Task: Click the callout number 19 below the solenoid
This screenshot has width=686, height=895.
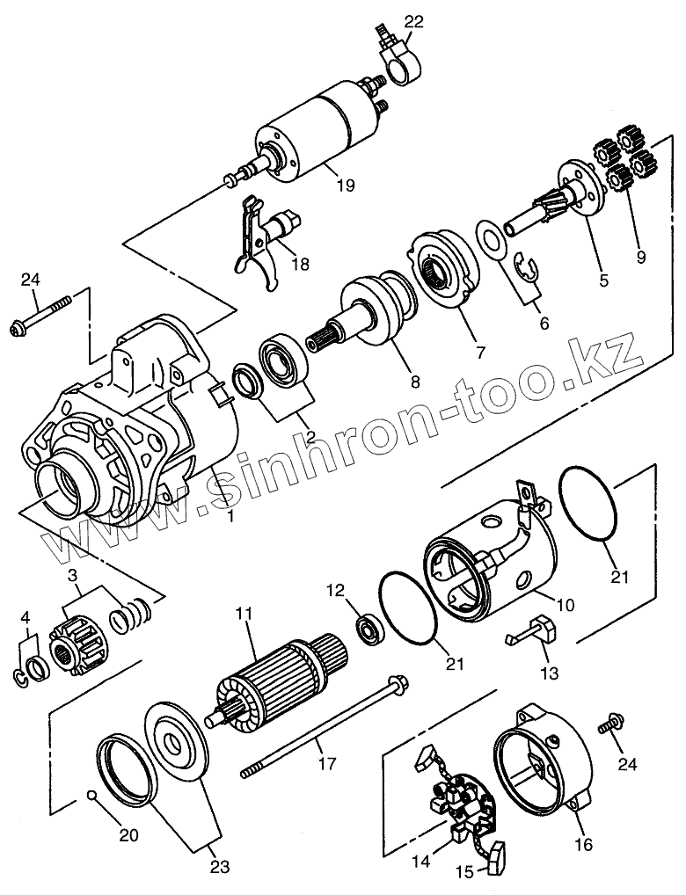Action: pos(345,185)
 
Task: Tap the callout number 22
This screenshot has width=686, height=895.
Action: pos(413,22)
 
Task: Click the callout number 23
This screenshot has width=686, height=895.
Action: pos(219,867)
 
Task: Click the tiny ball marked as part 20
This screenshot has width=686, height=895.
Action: pos(91,797)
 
